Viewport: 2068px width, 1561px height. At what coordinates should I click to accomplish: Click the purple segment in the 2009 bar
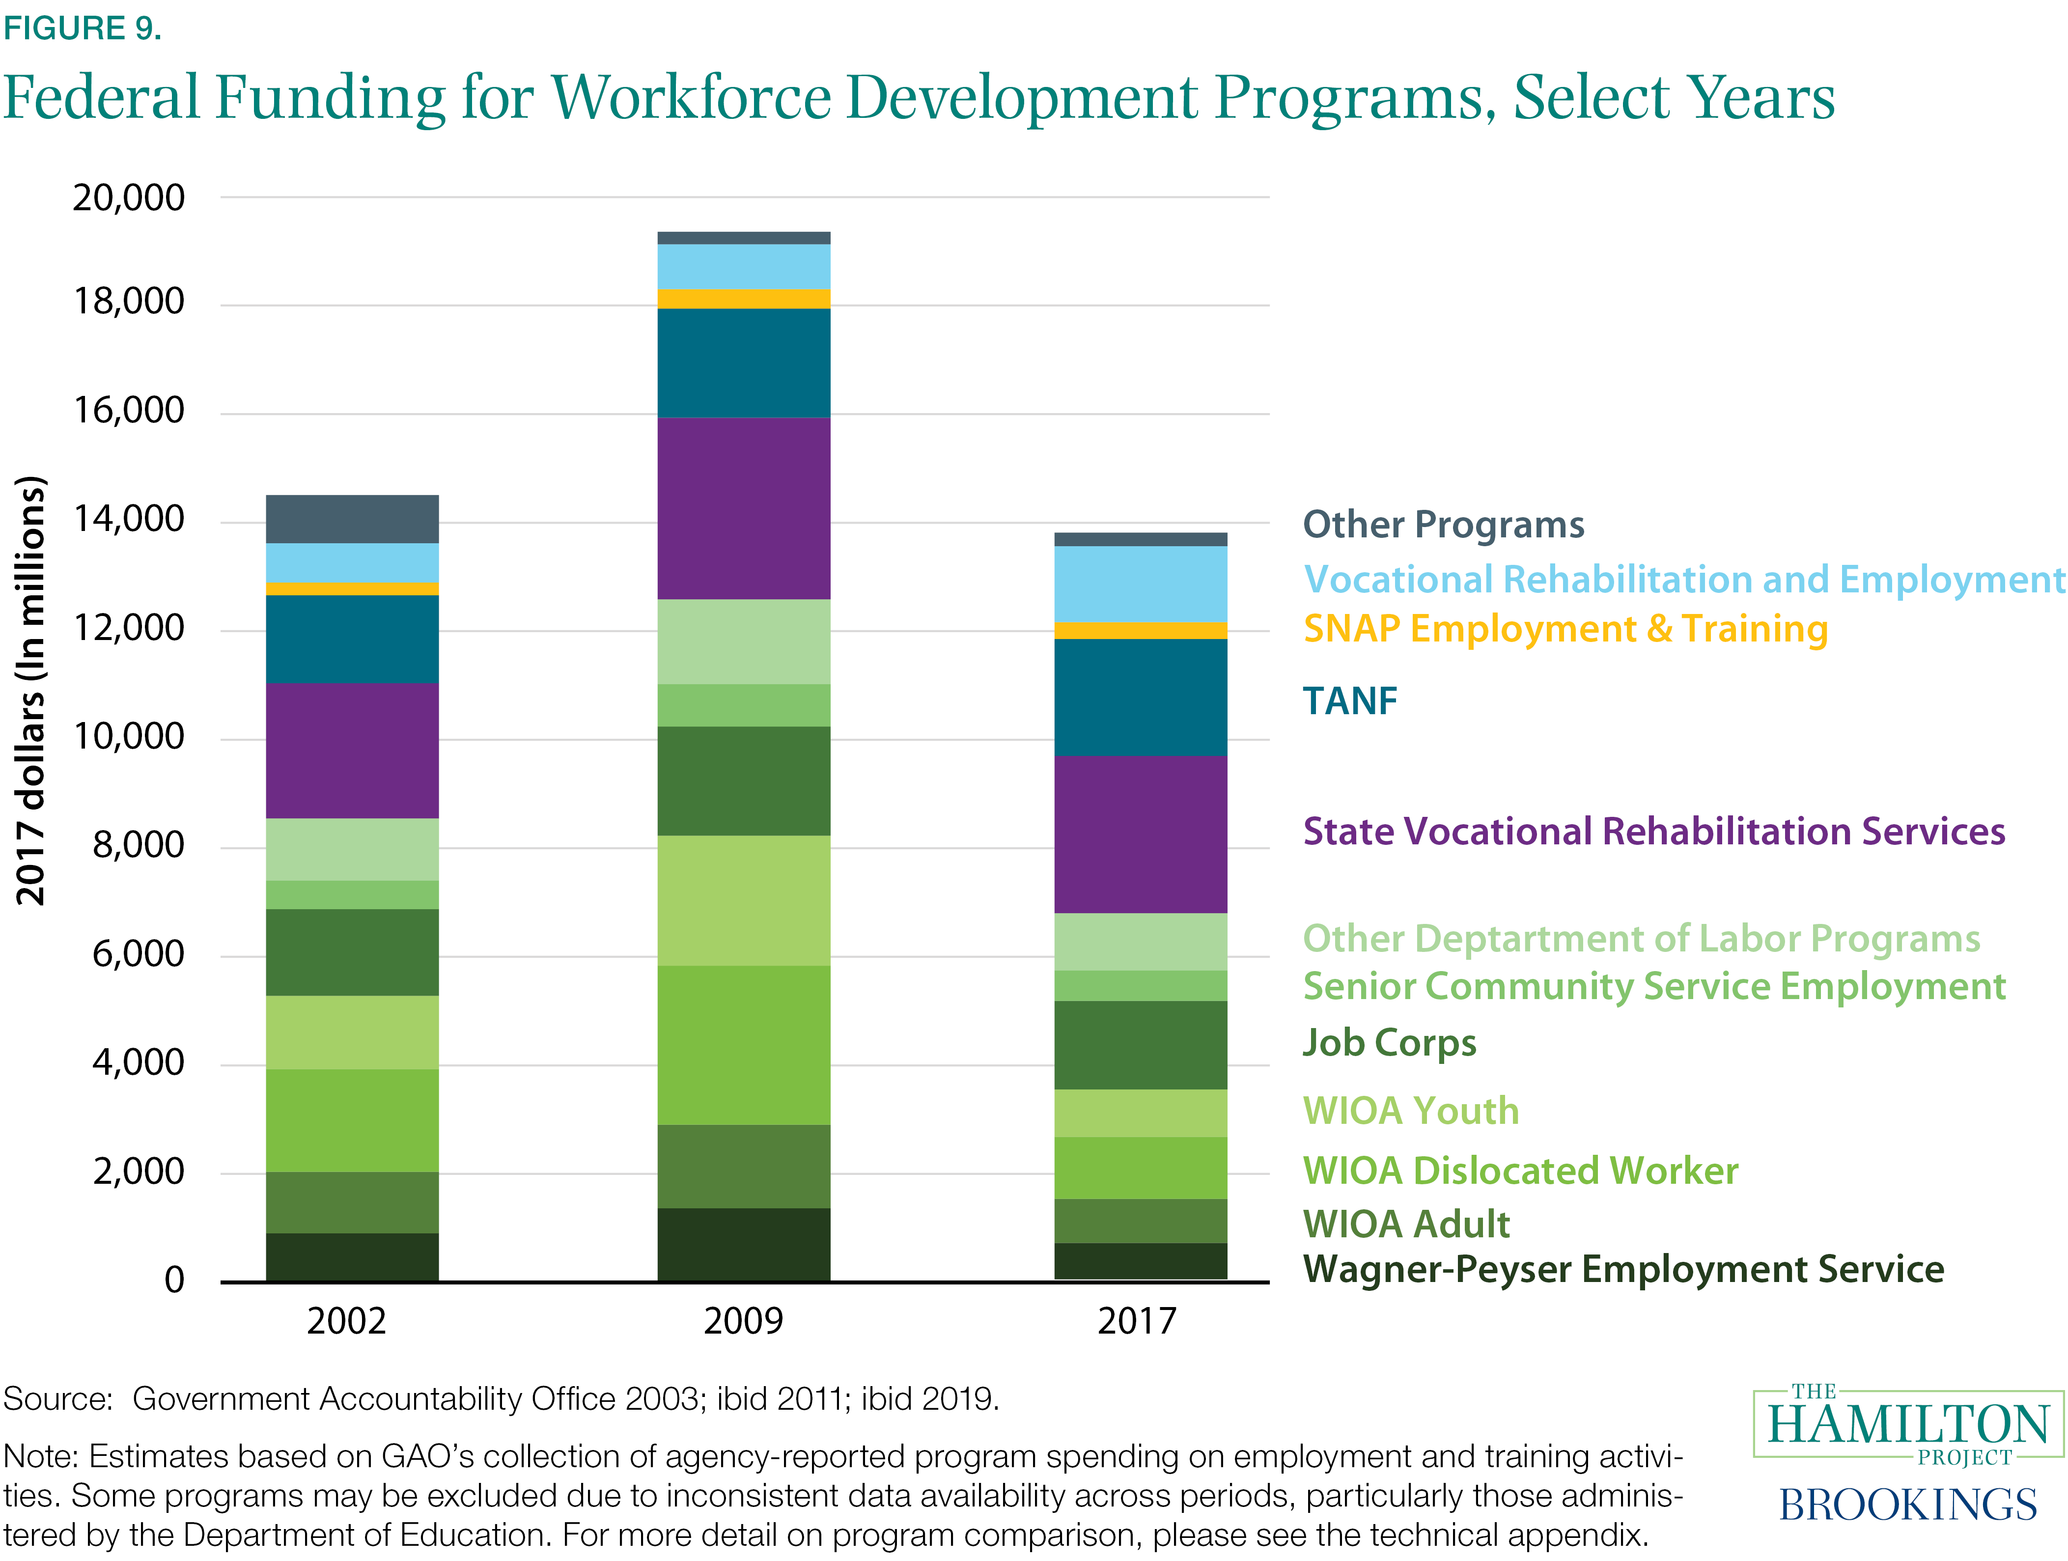(743, 507)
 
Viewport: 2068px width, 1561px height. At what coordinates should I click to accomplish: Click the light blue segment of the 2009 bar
(743, 266)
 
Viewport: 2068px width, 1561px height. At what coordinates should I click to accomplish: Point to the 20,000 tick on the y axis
(129, 198)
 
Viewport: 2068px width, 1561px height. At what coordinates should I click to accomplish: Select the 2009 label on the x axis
(743, 1321)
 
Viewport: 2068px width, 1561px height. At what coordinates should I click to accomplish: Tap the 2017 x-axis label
(1137, 1321)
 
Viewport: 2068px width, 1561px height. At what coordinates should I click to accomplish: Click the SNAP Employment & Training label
(1565, 629)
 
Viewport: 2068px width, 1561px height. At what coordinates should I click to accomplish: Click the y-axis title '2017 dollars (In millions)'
(31, 690)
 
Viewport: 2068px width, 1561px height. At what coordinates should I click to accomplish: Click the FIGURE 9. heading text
(82, 28)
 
